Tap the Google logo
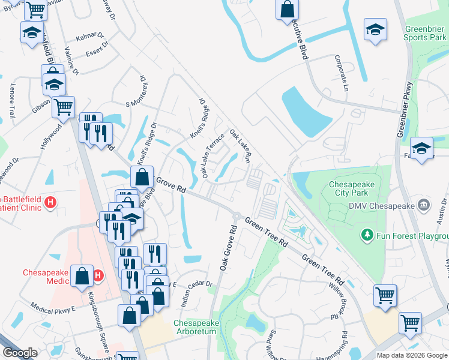click(19, 353)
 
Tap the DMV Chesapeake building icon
click(426, 206)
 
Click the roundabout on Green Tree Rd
click(237, 217)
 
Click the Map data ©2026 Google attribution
click(412, 355)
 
